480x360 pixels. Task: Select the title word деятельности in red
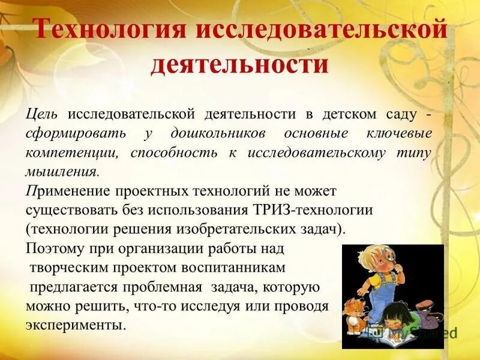point(239,64)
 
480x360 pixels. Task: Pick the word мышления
point(60,172)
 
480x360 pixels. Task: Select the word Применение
point(66,191)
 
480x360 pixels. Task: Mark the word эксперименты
point(76,325)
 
